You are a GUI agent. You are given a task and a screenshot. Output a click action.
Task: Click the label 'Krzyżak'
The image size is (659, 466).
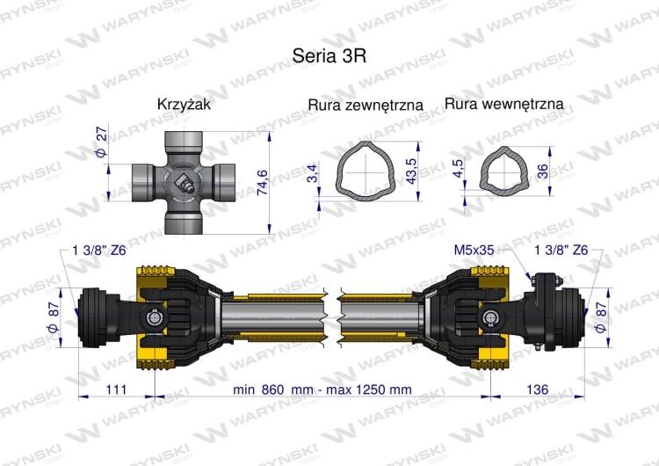pos(183,104)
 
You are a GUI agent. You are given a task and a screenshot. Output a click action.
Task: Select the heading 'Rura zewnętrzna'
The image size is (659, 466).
pos(366,105)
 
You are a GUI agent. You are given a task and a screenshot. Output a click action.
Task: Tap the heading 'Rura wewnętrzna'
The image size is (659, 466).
pos(504,104)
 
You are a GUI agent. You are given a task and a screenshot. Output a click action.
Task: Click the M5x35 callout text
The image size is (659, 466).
pos(475,250)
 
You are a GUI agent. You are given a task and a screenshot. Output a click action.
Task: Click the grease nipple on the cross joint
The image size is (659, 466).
pos(185,183)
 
